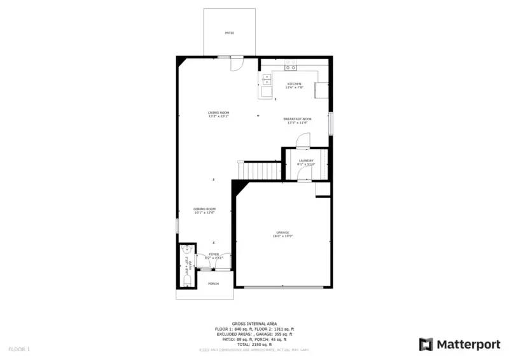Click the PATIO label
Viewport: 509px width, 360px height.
click(x=229, y=32)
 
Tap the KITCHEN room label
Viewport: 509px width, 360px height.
click(x=294, y=84)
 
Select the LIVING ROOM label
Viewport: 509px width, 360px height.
click(x=218, y=113)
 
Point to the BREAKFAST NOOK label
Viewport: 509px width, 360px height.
click(x=298, y=119)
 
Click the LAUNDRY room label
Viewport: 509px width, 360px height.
click(x=306, y=161)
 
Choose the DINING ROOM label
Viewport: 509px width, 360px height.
click(x=205, y=209)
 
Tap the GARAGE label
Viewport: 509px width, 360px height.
click(x=282, y=233)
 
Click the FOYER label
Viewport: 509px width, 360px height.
click(x=214, y=254)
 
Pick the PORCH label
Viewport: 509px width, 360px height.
click(x=213, y=284)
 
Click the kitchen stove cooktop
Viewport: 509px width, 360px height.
click(x=291, y=66)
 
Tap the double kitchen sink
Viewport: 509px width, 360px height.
click(x=267, y=80)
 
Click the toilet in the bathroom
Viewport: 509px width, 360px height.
click(x=186, y=279)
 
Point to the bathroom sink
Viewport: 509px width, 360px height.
click(x=186, y=250)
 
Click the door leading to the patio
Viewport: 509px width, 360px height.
click(x=236, y=62)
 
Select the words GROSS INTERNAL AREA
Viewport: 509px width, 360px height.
click(x=254, y=323)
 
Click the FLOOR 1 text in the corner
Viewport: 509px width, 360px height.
click(x=18, y=349)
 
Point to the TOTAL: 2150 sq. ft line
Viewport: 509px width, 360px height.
click(x=254, y=344)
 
